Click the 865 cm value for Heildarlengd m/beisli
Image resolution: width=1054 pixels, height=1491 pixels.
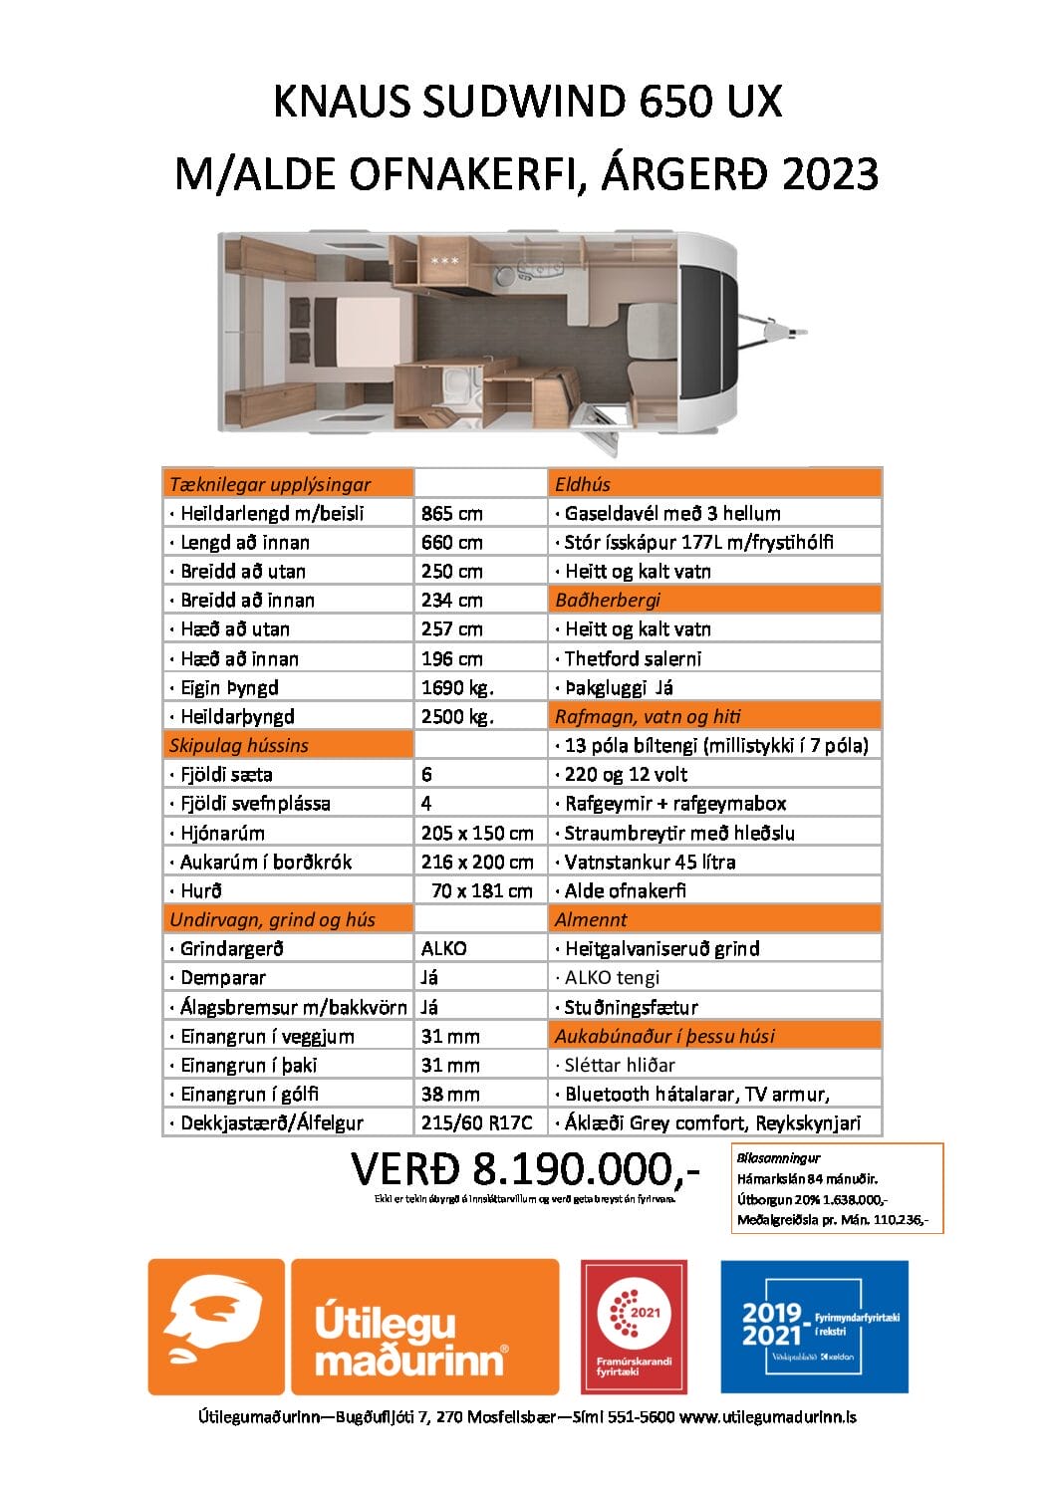(x=451, y=513)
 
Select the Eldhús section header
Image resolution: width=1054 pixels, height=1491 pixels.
(x=583, y=484)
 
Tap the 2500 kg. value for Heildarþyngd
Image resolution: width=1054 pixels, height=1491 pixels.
(x=457, y=716)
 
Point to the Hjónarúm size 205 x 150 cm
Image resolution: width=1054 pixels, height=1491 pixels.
(x=477, y=833)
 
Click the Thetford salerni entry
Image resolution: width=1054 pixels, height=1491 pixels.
(x=633, y=658)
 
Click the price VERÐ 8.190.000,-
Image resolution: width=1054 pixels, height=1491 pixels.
(x=525, y=1169)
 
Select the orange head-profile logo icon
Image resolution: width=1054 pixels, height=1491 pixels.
(x=215, y=1326)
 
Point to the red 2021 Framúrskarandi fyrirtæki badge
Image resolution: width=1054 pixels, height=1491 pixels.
(x=634, y=1326)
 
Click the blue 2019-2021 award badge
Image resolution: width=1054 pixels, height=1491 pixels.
(x=814, y=1326)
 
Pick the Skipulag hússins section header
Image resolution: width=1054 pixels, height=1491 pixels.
(x=239, y=745)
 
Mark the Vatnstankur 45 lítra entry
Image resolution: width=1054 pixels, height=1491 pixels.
(x=650, y=862)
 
